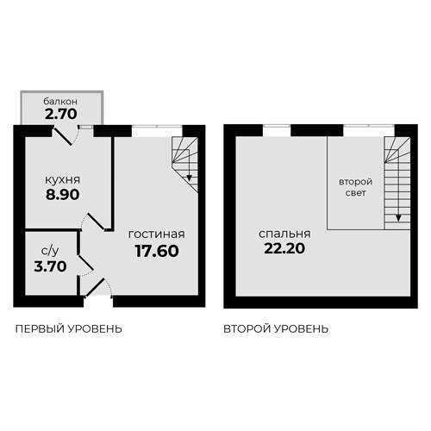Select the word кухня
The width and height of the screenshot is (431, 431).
pyautogui.click(x=63, y=181)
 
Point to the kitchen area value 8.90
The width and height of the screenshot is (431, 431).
pyautogui.click(x=63, y=197)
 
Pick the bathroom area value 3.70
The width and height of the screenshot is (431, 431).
pyautogui.click(x=50, y=267)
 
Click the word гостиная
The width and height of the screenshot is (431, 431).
pyautogui.click(x=156, y=234)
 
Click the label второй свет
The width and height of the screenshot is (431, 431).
pyautogui.click(x=354, y=188)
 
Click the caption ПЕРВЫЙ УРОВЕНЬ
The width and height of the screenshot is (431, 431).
pyautogui.click(x=69, y=329)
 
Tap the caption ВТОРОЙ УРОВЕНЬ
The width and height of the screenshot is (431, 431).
pyautogui.click(x=276, y=329)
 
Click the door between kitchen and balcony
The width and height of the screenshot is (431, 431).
pyautogui.click(x=68, y=134)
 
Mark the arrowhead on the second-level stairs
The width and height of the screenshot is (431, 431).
pyautogui.click(x=398, y=218)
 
